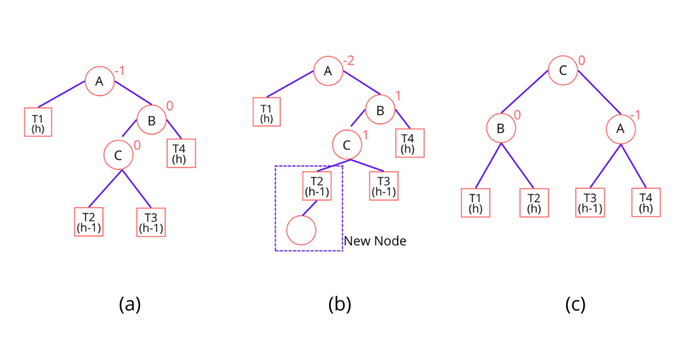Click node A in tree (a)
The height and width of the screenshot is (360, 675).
coord(100,82)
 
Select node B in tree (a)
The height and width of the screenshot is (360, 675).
coord(152,120)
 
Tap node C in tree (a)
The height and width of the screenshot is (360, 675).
coord(119,156)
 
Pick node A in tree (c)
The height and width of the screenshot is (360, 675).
coord(620,130)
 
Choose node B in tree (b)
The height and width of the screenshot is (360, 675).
coord(380,110)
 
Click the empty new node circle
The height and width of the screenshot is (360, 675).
coord(302,229)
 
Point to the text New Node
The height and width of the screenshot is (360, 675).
coord(375,241)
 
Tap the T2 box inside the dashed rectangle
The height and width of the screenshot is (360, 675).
coord(317,187)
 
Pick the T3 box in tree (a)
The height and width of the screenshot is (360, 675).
coord(150,223)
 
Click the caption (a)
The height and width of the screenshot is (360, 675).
coord(130,304)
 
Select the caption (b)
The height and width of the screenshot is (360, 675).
coord(340,304)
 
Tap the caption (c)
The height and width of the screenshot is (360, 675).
coord(575,304)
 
